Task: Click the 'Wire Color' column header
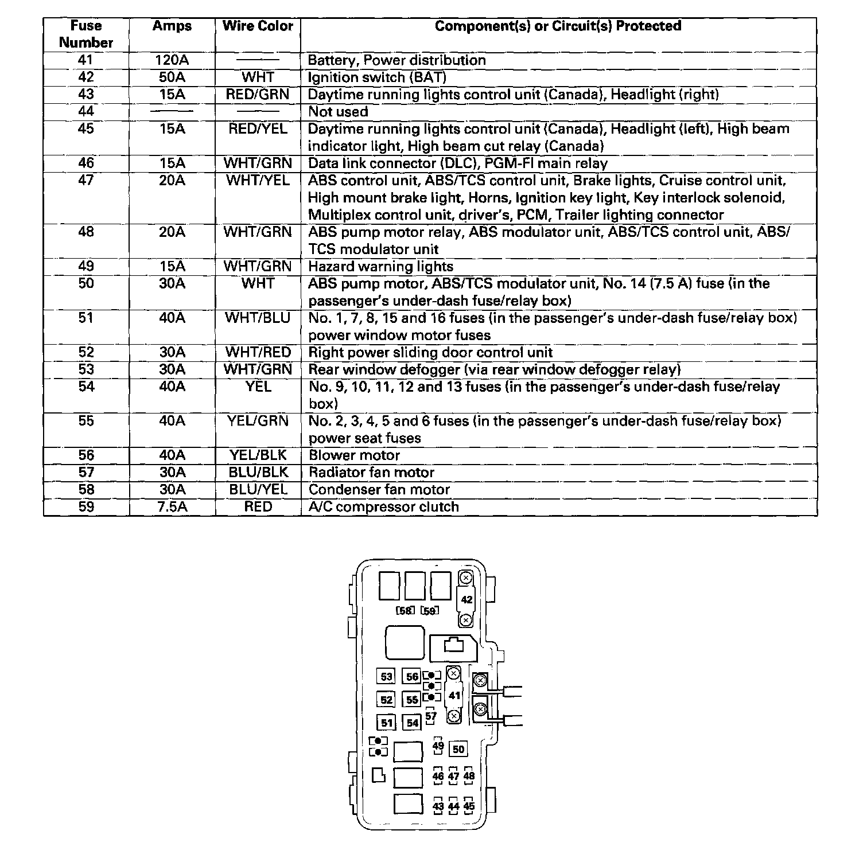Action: tap(258, 26)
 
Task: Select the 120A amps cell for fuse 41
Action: tap(172, 60)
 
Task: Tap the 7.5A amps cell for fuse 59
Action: tap(172, 507)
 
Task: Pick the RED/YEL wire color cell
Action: tap(258, 129)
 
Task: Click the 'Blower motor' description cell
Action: tap(354, 455)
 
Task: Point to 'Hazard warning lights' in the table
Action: tap(380, 267)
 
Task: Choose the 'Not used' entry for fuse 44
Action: tap(338, 112)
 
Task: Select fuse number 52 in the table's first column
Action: tap(85, 352)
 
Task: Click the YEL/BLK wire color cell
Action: tap(258, 455)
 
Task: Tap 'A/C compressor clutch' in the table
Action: tap(383, 507)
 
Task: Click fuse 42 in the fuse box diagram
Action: tap(467, 599)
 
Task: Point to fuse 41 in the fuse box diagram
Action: tap(454, 696)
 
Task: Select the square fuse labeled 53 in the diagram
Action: tap(387, 677)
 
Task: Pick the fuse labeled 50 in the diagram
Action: tap(458, 749)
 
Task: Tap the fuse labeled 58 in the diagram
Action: tap(405, 611)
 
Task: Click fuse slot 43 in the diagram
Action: tap(438, 806)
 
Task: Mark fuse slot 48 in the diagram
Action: tap(469, 776)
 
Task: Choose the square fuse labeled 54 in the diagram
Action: tap(413, 723)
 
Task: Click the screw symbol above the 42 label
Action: tap(467, 578)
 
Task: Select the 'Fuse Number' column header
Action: tap(85, 34)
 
